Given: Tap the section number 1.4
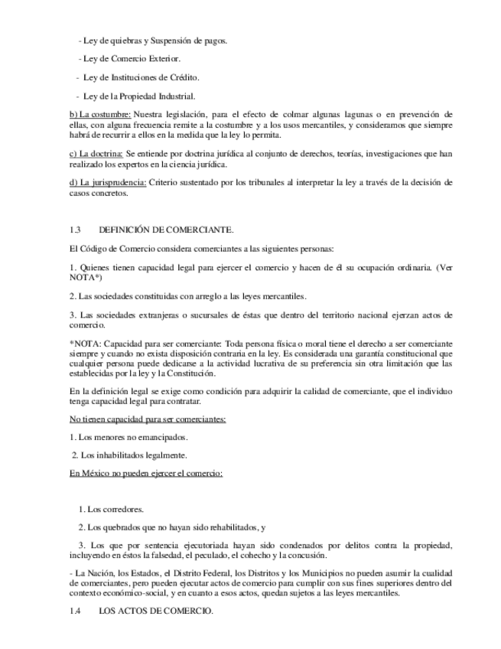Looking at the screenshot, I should click(75, 614).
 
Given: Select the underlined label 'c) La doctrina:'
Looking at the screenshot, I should click(96, 154).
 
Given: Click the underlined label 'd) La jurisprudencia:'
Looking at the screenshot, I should click(108, 183).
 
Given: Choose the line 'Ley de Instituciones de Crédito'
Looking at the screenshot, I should click(138, 77).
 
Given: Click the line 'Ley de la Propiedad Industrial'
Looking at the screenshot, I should click(136, 96).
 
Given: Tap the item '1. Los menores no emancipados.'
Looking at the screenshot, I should click(129, 437).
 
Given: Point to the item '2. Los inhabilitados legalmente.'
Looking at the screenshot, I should click(129, 455).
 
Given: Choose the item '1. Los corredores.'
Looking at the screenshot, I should click(111, 509).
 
